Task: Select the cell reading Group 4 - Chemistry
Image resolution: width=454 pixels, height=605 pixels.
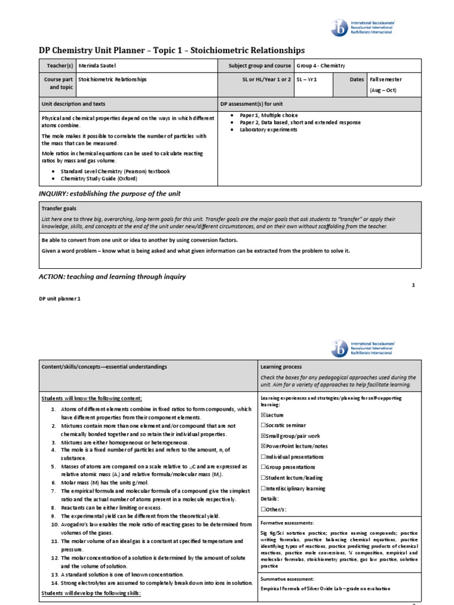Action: point(320,66)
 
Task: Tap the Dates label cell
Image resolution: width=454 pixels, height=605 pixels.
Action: point(356,79)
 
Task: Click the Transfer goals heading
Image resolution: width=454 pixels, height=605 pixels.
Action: point(59,209)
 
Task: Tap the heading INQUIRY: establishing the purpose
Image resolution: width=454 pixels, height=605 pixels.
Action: point(109,194)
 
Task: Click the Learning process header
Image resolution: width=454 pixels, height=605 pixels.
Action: point(281,367)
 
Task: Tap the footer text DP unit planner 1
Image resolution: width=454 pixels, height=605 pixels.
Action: point(59,299)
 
